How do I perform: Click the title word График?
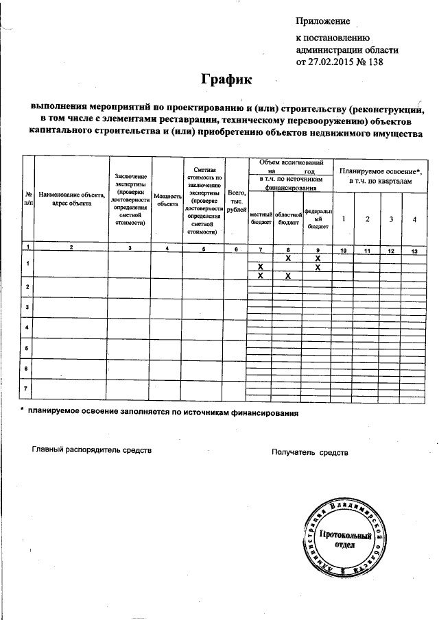click(227, 79)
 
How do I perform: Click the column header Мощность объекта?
click(167, 199)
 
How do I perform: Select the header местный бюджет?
click(261, 218)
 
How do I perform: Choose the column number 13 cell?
click(414, 251)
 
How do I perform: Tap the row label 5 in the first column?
click(27, 349)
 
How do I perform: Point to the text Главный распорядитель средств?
click(91, 451)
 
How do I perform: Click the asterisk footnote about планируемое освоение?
click(159, 414)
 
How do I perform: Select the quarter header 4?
click(414, 219)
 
